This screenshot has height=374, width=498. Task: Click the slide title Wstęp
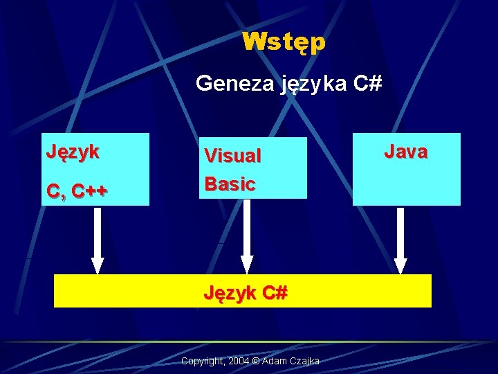point(284,42)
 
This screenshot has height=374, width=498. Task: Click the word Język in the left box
point(73,151)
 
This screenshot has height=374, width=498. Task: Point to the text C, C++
point(77,190)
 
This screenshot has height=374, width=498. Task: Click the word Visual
point(232,156)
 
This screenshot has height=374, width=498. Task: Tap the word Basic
point(230,184)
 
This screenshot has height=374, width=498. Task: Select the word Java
point(406,151)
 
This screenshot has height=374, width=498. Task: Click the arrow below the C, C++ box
point(98,235)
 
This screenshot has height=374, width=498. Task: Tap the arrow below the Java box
point(400,235)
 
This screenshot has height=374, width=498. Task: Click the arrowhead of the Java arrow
point(400,265)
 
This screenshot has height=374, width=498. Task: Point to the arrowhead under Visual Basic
point(247,264)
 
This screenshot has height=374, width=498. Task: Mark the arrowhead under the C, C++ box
point(98,265)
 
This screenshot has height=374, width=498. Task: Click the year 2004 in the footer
point(239,362)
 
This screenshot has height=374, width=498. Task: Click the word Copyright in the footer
point(201,362)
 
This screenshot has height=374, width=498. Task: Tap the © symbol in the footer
point(257,362)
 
